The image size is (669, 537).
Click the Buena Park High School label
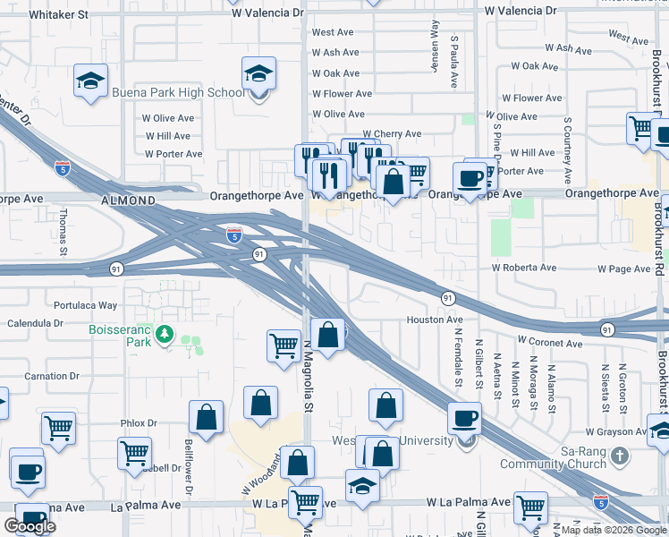[177, 92]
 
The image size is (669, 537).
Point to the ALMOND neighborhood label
[129, 200]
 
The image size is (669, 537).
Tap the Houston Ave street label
[435, 320]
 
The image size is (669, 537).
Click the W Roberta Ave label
[523, 268]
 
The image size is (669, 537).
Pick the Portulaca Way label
[85, 305]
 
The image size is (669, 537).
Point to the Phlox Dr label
[139, 423]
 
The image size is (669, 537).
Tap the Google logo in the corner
[30, 525]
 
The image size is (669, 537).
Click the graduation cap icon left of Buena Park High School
[90, 81]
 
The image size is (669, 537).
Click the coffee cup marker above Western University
[464, 417]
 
